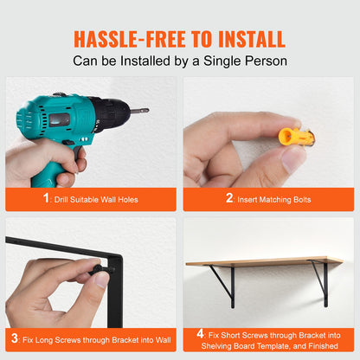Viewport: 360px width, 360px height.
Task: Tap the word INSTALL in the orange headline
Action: point(252,39)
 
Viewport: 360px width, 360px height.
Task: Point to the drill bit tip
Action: point(147,110)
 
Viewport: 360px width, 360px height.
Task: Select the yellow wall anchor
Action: point(296,137)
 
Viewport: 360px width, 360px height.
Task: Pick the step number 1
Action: point(46,198)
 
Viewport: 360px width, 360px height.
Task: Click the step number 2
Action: point(229,198)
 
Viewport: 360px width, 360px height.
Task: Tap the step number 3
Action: point(15,338)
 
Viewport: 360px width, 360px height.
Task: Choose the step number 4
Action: point(201,334)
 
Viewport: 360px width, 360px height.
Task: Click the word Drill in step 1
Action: point(61,200)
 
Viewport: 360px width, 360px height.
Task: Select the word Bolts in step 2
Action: point(302,200)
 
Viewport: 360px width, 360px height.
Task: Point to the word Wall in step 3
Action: point(164,340)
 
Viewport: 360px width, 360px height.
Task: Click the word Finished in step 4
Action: point(323,346)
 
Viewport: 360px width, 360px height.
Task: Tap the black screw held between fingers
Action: point(101,270)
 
